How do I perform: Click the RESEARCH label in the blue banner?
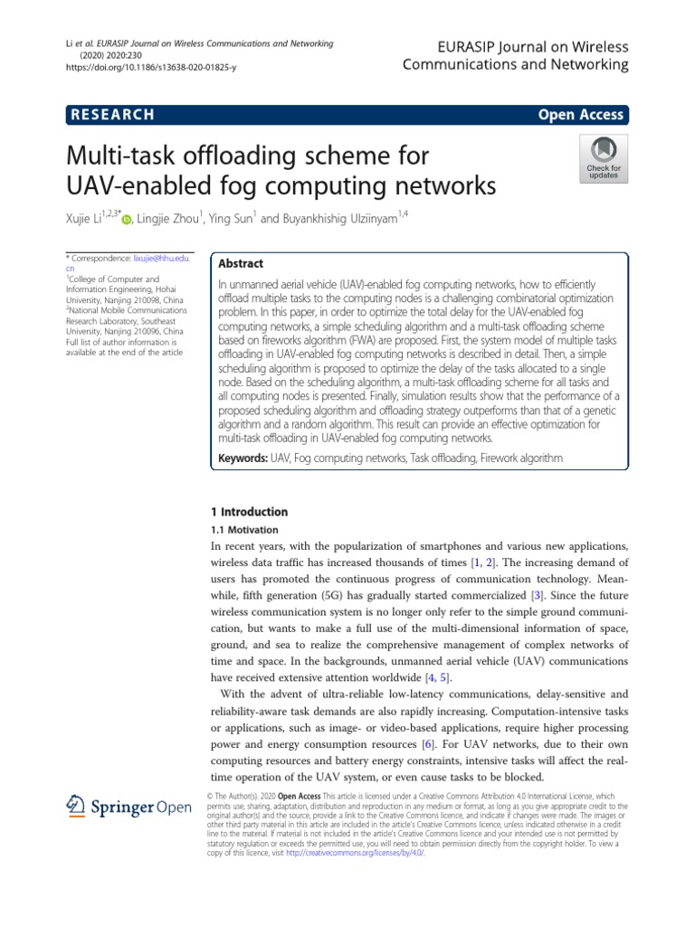click(x=110, y=115)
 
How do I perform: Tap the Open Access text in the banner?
click(x=580, y=115)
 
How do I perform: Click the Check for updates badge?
click(x=604, y=159)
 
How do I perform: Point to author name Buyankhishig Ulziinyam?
click(x=342, y=218)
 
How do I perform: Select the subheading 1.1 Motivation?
click(x=244, y=530)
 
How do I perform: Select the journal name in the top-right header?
click(x=515, y=55)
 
